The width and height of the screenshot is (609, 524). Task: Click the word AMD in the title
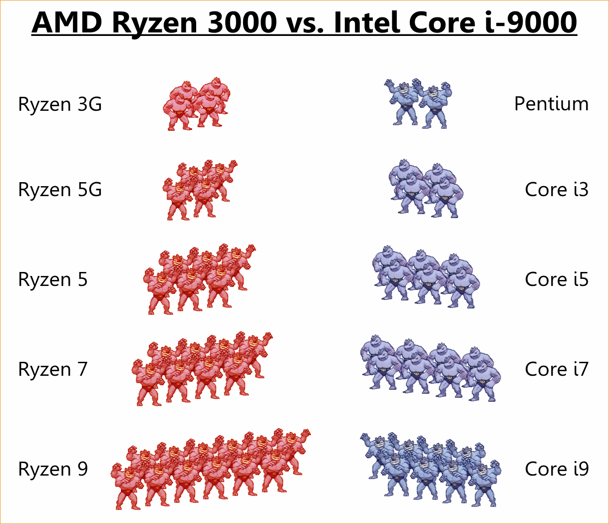[68, 22]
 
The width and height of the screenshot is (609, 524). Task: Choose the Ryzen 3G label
[60, 104]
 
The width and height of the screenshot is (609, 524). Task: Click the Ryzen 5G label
[60, 190]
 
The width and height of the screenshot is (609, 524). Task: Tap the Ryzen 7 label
[52, 369]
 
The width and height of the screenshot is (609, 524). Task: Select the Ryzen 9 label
[52, 469]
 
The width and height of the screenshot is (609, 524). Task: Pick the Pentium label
[551, 104]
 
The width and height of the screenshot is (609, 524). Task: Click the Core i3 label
[557, 190]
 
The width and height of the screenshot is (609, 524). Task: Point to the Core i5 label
[557, 279]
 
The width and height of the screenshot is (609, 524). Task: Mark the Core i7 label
[557, 369]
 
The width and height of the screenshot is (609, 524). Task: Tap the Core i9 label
[557, 469]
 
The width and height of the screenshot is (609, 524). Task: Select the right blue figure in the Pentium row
[434, 105]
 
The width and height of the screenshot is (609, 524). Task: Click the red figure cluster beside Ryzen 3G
[197, 104]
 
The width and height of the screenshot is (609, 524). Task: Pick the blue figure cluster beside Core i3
[426, 189]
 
